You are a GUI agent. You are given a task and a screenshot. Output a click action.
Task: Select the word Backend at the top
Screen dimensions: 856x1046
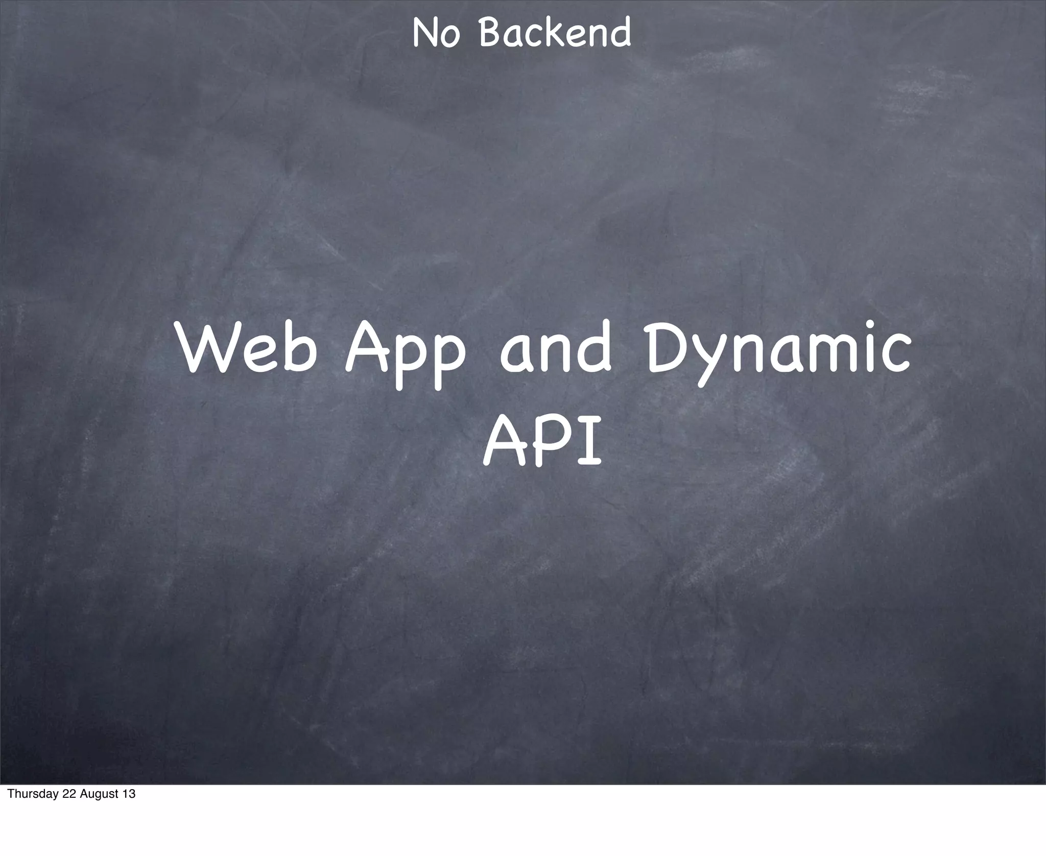tap(555, 33)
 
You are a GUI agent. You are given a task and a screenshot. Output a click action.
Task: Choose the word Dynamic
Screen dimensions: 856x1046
tap(778, 352)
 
